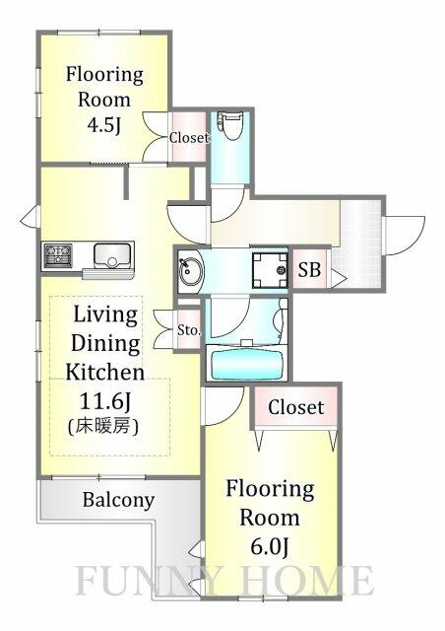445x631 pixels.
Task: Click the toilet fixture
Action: (228, 125)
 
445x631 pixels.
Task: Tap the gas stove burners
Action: (58, 255)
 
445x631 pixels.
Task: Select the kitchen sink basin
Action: (112, 256)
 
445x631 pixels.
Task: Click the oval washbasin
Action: (189, 270)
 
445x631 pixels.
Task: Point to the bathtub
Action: (247, 363)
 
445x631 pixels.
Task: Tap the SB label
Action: (309, 269)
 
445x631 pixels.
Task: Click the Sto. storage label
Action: (189, 330)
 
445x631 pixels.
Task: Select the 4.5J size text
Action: (104, 126)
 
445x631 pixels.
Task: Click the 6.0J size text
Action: (270, 546)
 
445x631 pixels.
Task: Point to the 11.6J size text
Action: (105, 401)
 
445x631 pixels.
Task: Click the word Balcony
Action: (118, 500)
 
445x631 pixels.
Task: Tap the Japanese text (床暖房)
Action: (103, 426)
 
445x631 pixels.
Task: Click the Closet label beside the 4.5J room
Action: (189, 138)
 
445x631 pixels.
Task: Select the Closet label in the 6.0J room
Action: (296, 407)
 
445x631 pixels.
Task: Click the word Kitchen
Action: (105, 372)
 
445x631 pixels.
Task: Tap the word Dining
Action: (105, 344)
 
